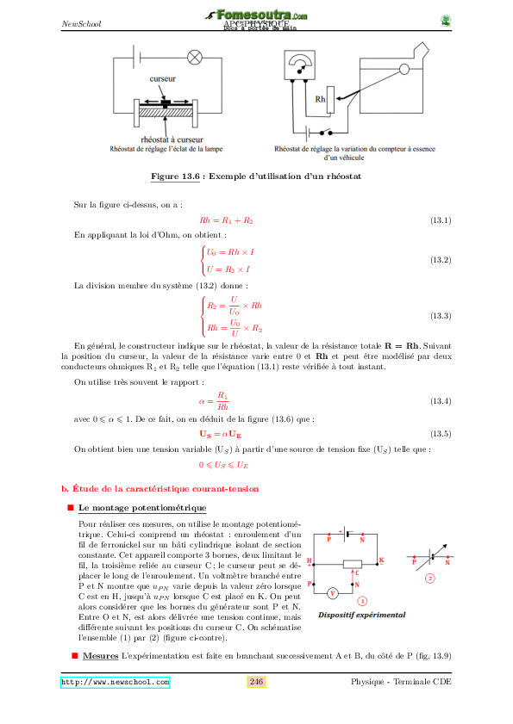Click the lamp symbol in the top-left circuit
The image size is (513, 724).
click(x=195, y=59)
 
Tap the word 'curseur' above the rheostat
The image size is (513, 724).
click(x=163, y=78)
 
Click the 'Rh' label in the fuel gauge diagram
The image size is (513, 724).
click(x=320, y=98)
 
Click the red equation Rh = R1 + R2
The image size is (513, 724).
click(x=226, y=221)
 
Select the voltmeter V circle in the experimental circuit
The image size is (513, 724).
click(x=332, y=593)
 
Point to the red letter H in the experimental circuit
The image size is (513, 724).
click(x=310, y=560)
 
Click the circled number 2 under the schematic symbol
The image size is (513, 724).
click(x=429, y=578)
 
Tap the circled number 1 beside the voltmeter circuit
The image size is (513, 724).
click(x=363, y=601)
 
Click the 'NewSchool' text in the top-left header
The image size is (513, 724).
click(x=82, y=23)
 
